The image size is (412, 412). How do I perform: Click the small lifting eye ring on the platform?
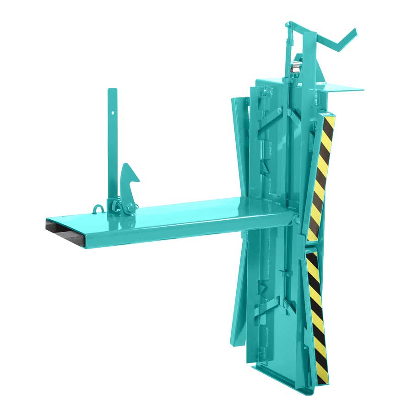click(97, 208)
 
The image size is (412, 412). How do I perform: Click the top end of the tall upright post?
click(111, 90)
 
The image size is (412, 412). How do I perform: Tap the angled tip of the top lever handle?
click(353, 31)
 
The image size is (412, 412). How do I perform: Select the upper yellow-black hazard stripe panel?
click(321, 179)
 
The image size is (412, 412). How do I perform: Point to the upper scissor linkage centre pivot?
click(289, 113)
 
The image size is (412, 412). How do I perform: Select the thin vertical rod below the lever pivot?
click(289, 50)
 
